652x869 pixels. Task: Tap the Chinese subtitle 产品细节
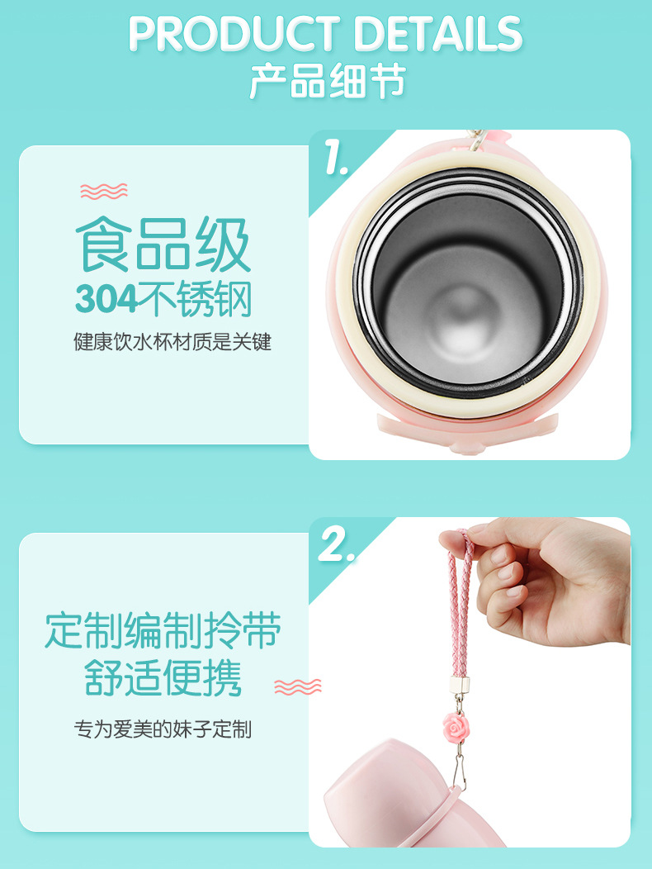tap(327, 83)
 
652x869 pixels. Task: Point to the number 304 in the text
tap(106, 300)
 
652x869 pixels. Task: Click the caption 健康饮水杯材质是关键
tap(172, 342)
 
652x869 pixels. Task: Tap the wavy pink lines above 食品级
tap(104, 192)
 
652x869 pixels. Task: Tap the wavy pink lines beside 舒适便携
tap(297, 686)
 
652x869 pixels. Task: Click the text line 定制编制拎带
tap(163, 632)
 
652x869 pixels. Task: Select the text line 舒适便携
tap(163, 679)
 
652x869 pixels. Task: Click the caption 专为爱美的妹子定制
tap(163, 729)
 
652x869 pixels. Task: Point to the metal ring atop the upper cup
tap(476, 138)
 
